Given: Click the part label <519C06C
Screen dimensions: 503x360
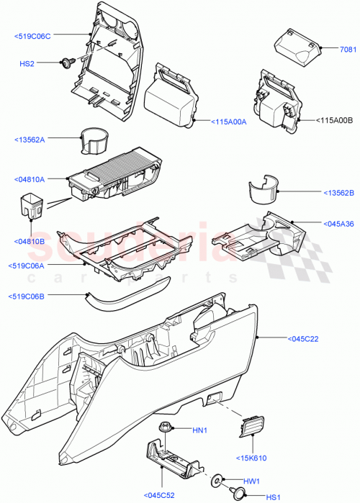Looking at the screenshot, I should (32, 35).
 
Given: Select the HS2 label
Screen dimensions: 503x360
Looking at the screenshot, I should (27, 64).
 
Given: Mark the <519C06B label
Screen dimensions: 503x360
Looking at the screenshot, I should (32, 296).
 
